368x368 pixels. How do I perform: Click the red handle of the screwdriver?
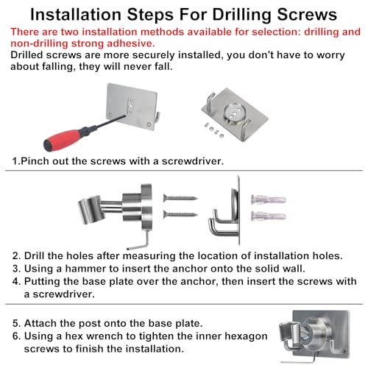pos(62,140)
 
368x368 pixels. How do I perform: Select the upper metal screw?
pos(180,198)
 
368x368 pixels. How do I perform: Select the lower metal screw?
pos(180,215)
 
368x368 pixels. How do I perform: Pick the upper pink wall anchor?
pos(269,199)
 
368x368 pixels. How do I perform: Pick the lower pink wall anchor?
pos(269,216)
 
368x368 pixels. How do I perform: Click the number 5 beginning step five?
pos(15,324)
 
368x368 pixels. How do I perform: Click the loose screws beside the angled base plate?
pos(213,130)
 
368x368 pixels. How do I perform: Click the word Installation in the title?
pos(76,15)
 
